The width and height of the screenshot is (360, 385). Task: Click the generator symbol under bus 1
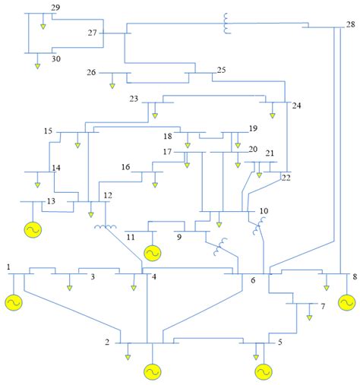14,302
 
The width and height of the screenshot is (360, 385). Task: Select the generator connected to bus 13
33,229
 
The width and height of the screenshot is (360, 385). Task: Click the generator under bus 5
263,371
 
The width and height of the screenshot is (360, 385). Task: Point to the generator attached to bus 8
347,303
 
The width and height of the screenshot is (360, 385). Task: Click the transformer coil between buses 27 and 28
227,25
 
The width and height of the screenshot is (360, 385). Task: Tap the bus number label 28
349,24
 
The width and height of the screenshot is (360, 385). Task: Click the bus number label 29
55,8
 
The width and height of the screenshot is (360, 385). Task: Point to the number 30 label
55,58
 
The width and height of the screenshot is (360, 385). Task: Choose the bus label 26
91,73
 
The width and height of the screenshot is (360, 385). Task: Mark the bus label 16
126,167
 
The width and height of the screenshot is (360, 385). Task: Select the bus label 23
134,99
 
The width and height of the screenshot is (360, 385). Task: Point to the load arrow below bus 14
37,184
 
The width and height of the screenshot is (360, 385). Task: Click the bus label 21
270,153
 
